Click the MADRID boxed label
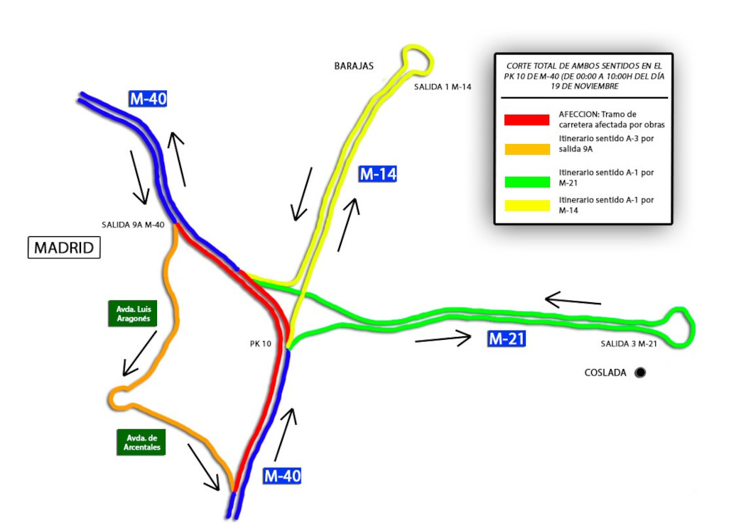tap(64, 248)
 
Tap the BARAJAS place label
tap(354, 66)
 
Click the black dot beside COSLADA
tap(640, 372)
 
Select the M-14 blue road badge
tap(378, 174)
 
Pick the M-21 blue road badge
tap(507, 338)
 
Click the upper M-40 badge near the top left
tap(148, 99)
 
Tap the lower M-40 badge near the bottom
tap(282, 475)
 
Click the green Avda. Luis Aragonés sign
tap(133, 314)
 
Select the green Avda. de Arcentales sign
tap(141, 442)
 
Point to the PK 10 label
tap(260, 343)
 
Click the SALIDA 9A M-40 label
tap(133, 225)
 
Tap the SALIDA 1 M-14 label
tap(443, 87)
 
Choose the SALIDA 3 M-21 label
tap(629, 343)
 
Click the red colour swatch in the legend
tap(526, 120)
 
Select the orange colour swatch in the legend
tap(526, 149)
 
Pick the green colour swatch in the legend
tap(526, 182)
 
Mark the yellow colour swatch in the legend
tap(526, 205)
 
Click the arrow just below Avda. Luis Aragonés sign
tap(140, 354)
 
